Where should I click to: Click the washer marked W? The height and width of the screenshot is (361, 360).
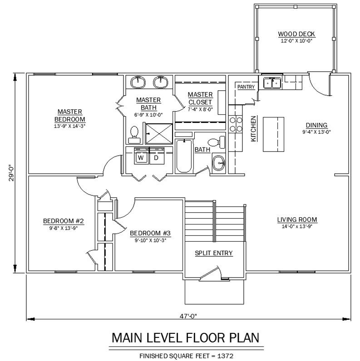coord(141,156)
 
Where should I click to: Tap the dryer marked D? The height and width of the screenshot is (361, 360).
coord(157,156)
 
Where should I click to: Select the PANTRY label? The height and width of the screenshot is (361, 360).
coord(246,87)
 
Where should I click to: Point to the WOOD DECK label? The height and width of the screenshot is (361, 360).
coord(296,34)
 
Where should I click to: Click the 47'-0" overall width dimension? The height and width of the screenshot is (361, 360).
coord(188,316)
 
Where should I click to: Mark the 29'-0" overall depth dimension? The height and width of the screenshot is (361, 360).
coord(11,173)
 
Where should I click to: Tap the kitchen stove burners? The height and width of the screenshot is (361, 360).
coord(236,124)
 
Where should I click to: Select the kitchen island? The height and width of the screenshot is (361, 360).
coord(274,134)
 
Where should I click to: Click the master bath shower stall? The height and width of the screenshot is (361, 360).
coord(159,134)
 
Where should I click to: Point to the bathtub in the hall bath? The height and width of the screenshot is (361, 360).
coord(184,156)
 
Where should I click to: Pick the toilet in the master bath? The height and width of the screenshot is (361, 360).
coord(134,135)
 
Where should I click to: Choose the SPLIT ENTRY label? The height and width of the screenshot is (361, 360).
coord(214,253)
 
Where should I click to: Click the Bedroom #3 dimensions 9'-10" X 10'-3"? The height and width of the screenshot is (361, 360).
coord(151,240)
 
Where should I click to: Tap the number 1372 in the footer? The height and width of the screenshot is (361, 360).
coord(225,356)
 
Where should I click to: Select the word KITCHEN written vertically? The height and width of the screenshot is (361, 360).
coord(253,129)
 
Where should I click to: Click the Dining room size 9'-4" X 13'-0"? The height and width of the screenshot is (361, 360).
coord(316,132)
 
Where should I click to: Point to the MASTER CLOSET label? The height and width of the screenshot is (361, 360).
coord(200,98)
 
